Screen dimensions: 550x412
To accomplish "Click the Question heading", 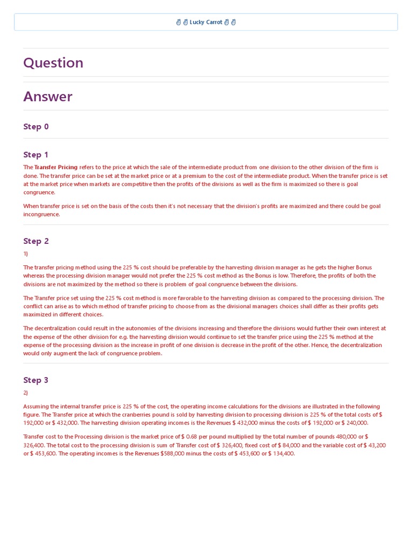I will (x=53, y=63).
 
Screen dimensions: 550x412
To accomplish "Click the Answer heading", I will (x=48, y=97).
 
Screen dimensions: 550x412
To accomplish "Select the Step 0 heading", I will (x=36, y=127).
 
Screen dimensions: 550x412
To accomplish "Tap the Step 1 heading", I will (x=36, y=155).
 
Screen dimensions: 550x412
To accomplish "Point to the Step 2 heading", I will (x=36, y=241).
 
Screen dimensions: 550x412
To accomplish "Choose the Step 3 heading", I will (x=36, y=380).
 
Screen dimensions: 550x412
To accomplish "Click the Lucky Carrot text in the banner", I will (x=206, y=22).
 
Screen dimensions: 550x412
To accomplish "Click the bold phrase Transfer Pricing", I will (x=56, y=168).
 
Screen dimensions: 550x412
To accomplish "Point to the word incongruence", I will (x=41, y=214).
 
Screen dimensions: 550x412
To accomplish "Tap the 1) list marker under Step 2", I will (x=26, y=254).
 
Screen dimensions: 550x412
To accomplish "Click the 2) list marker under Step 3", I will (x=26, y=393).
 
